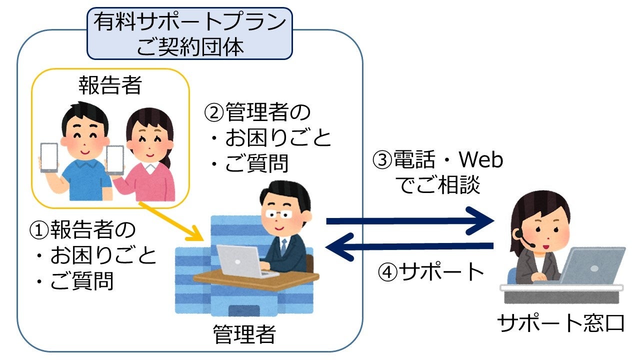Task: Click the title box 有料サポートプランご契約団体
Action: (189, 33)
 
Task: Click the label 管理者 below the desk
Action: (244, 334)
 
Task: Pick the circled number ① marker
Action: (38, 230)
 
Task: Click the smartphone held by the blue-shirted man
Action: (49, 158)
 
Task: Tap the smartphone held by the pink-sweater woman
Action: (115, 160)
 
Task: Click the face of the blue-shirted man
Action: (82, 135)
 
